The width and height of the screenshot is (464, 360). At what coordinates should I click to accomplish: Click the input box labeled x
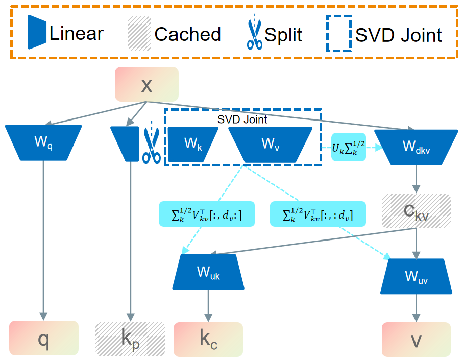146,85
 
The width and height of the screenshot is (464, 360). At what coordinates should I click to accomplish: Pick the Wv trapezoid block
270,144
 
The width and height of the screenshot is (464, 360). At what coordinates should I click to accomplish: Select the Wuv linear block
416,276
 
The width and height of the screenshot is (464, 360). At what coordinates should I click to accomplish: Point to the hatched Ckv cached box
416,210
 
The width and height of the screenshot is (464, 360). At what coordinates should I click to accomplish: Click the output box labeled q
44,338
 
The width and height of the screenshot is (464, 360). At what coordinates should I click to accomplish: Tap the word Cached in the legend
187,35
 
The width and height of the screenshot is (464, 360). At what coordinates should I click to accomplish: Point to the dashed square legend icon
338,33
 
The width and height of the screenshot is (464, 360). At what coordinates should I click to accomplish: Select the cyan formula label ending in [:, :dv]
318,213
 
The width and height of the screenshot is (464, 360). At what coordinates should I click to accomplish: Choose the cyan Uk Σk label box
349,147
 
